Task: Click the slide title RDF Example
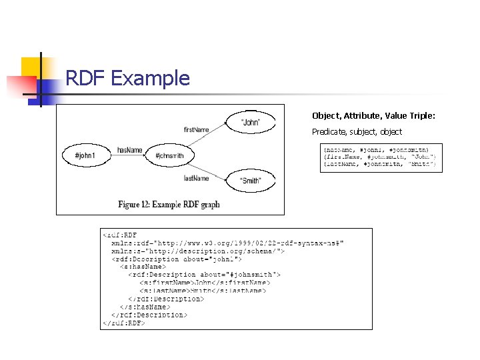tap(127, 79)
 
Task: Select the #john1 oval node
tap(85, 155)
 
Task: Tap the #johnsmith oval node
tap(175, 155)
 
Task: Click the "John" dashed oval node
tap(250, 123)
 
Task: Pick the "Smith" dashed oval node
tap(251, 181)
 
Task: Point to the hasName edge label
tap(129, 150)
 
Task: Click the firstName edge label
tap(196, 128)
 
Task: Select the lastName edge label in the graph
tap(196, 178)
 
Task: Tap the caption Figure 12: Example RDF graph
tap(169, 204)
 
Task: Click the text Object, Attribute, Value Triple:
tap(373, 116)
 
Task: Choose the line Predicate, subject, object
tap(357, 132)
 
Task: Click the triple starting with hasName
tap(376, 149)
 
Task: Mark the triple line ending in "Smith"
tap(379, 163)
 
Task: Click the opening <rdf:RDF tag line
tap(120, 235)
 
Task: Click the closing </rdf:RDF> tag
tap(123, 323)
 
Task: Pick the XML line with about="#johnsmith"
tap(205, 275)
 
